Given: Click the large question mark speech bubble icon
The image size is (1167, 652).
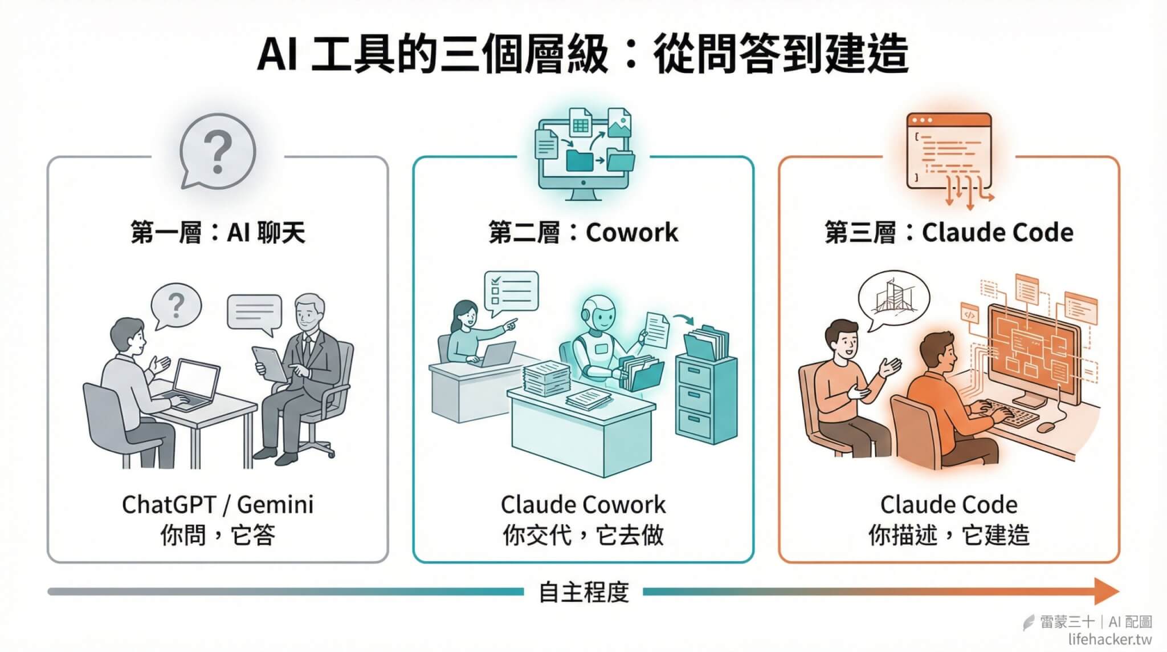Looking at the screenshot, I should (218, 151).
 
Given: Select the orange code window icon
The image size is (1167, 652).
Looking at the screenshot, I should (949, 153).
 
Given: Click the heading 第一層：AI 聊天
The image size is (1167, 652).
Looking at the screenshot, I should (218, 233).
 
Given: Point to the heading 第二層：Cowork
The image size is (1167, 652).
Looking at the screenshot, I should (583, 233).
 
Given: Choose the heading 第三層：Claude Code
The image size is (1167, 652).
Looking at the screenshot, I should (949, 233).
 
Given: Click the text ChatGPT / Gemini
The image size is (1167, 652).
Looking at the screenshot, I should (218, 505).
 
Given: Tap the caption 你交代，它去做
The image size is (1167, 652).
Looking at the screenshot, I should (583, 536).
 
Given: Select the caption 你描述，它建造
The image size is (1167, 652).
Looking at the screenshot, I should (949, 536).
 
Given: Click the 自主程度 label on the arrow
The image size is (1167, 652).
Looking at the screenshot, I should (583, 593).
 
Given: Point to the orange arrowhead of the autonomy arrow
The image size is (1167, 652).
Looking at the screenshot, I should (1105, 592).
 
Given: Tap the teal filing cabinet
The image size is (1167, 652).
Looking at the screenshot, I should (706, 399).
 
